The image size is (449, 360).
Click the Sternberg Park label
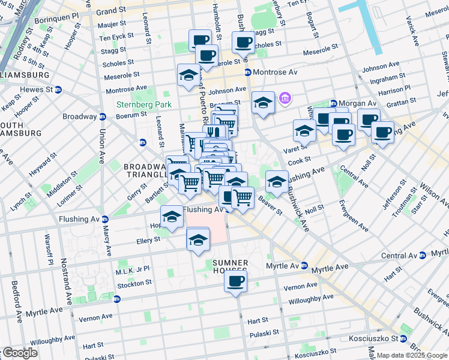(x=143, y=104)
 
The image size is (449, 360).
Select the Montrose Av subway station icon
(x=247, y=72)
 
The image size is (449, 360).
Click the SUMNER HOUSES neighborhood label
(x=230, y=268)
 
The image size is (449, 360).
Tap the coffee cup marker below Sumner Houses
(x=235, y=281)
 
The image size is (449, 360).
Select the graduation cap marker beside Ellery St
(x=198, y=240)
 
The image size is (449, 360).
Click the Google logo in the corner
(x=19, y=353)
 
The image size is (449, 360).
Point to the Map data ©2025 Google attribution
(x=412, y=355)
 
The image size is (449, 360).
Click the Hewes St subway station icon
(x=58, y=89)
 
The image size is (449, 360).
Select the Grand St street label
(x=110, y=11)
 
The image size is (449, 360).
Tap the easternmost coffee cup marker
(x=382, y=132)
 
